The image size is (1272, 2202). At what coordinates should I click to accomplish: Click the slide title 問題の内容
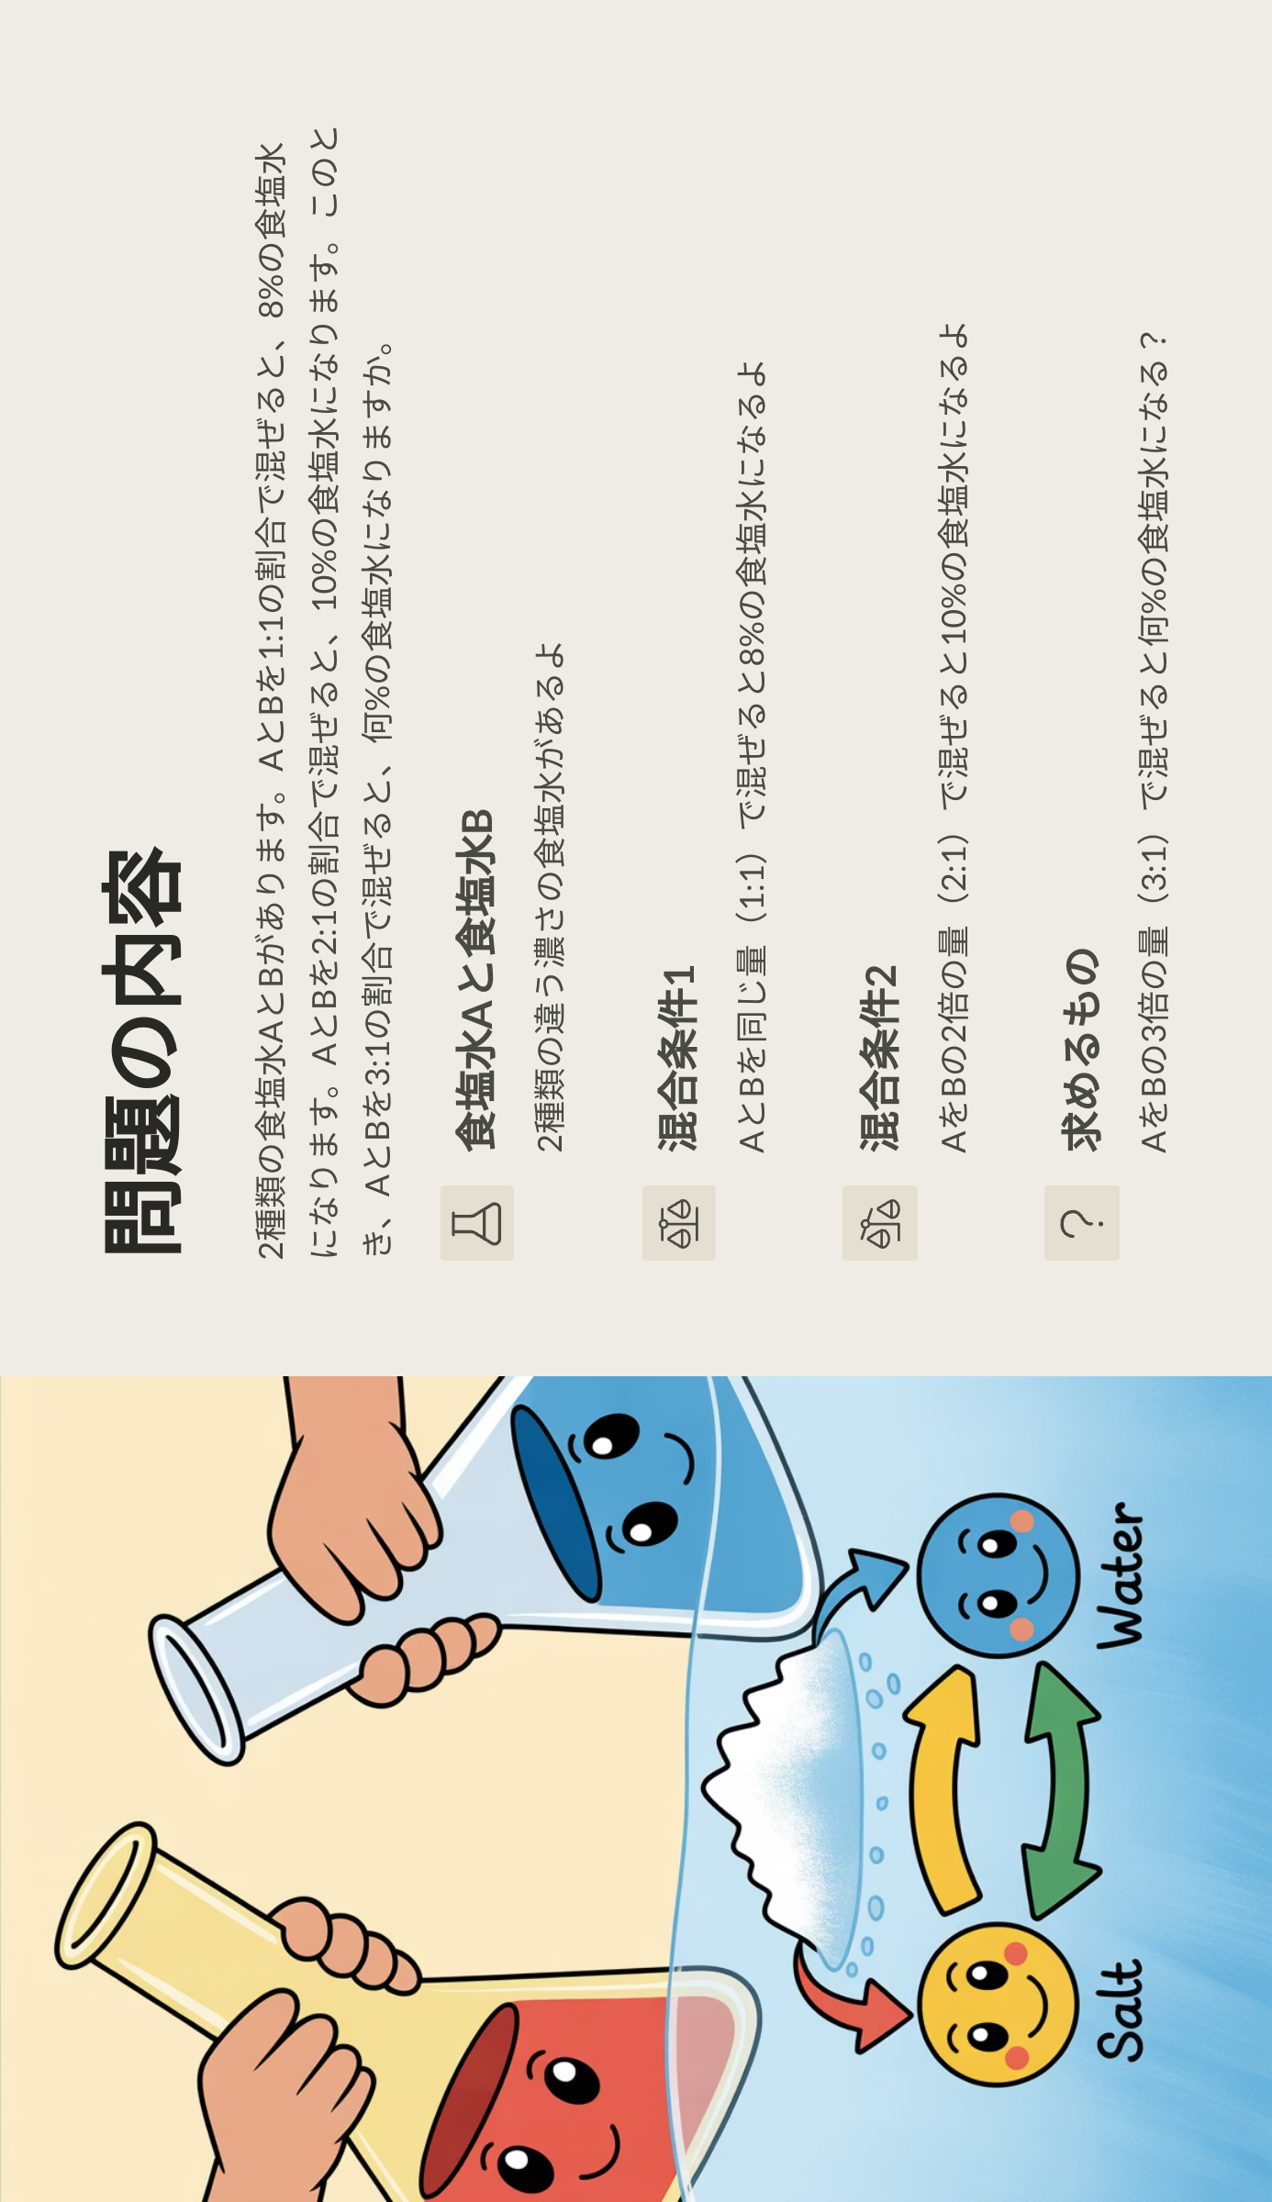pyautogui.click(x=143, y=1051)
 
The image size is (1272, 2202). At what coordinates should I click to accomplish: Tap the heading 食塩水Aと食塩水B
pyautogui.click(x=476, y=980)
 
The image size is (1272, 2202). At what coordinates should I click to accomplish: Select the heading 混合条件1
pyautogui.click(x=678, y=1058)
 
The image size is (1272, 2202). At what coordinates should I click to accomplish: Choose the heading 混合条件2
pyautogui.click(x=879, y=1058)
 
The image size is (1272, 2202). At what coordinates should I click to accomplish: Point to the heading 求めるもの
pyautogui.click(x=1081, y=1049)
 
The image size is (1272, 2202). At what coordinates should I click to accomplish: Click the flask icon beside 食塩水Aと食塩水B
pyautogui.click(x=477, y=1223)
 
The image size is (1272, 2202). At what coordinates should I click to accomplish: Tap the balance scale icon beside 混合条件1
pyautogui.click(x=679, y=1223)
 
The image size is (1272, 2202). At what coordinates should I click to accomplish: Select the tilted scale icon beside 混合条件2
pyautogui.click(x=880, y=1223)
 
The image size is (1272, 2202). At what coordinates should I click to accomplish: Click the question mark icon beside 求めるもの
pyautogui.click(x=1081, y=1223)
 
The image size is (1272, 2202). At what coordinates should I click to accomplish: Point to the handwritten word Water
pyautogui.click(x=1121, y=1574)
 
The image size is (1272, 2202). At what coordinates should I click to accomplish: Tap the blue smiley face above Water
pyautogui.click(x=998, y=1574)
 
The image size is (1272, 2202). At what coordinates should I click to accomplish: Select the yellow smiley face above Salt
pyautogui.click(x=998, y=2004)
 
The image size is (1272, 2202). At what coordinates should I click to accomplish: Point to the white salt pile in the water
pyautogui.click(x=789, y=1798)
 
